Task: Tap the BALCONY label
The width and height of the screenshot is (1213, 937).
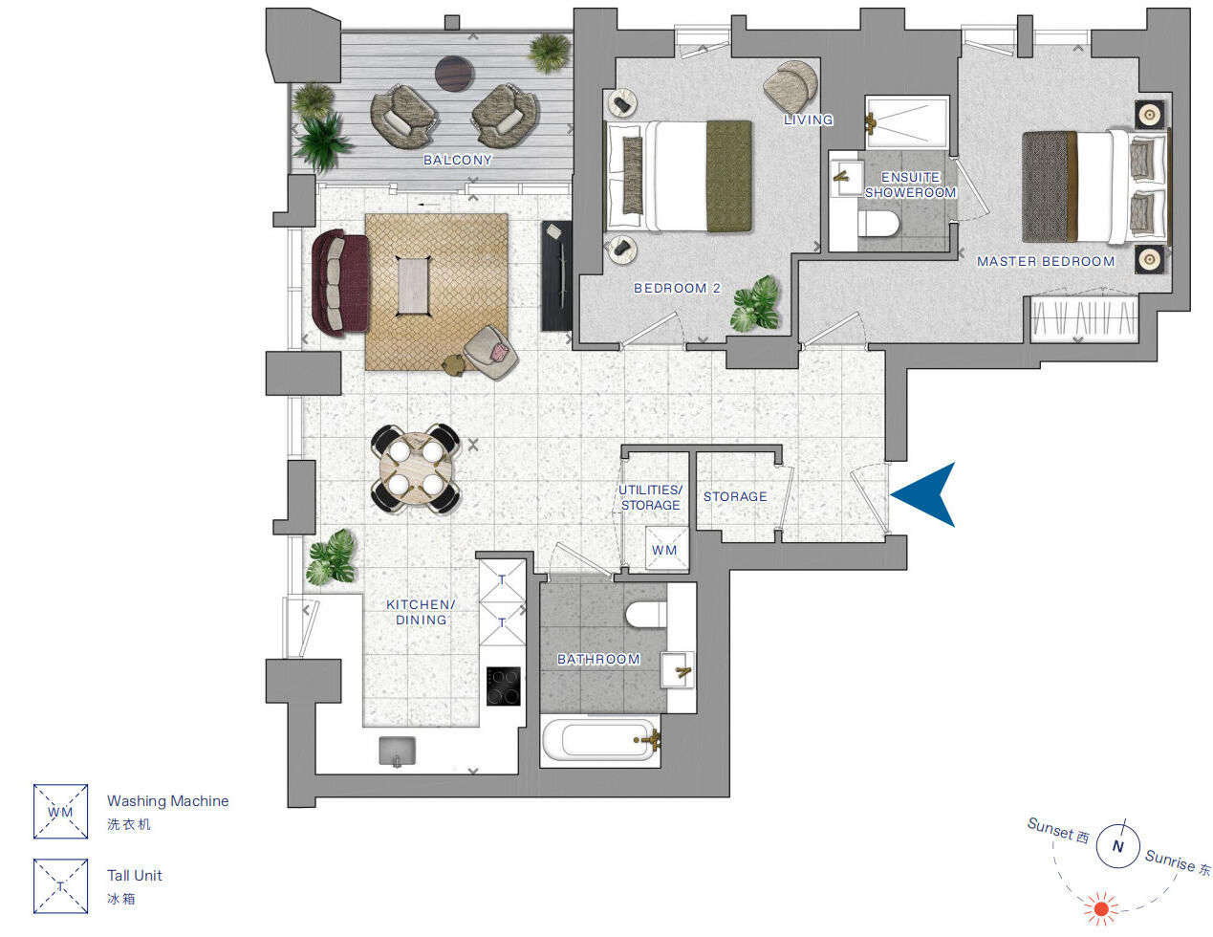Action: tap(457, 160)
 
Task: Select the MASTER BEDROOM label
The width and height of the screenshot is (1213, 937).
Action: tap(1045, 261)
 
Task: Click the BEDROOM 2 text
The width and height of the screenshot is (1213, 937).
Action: tap(677, 288)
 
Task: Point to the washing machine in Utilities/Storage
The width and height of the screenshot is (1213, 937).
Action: tap(664, 550)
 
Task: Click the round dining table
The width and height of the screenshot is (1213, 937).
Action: tap(416, 468)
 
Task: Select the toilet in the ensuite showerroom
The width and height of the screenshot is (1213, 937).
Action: tap(878, 224)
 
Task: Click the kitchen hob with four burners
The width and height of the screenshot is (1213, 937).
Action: tap(503, 686)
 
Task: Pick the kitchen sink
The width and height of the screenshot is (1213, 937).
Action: tap(398, 752)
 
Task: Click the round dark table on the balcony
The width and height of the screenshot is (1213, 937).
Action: tap(454, 73)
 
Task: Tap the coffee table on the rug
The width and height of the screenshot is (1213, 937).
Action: tap(413, 286)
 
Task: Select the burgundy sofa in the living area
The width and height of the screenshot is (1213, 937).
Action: tap(339, 282)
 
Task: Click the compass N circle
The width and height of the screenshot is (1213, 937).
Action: tap(1117, 846)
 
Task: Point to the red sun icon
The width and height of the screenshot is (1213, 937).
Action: tap(1100, 908)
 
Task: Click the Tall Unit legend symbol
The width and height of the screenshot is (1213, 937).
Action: tap(60, 885)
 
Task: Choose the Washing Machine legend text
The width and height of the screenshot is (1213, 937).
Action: tap(167, 801)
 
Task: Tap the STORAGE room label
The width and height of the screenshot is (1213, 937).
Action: tap(735, 496)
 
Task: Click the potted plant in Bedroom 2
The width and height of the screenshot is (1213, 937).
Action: tap(756, 304)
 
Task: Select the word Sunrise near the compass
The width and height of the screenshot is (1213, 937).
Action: tap(1170, 860)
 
